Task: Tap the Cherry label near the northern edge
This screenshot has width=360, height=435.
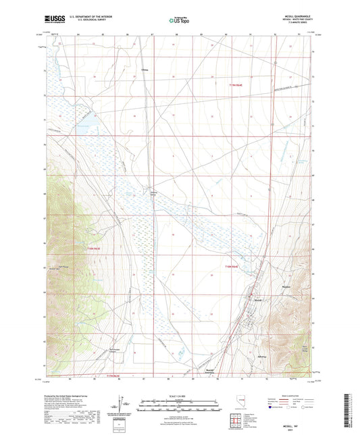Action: [x=144, y=70]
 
